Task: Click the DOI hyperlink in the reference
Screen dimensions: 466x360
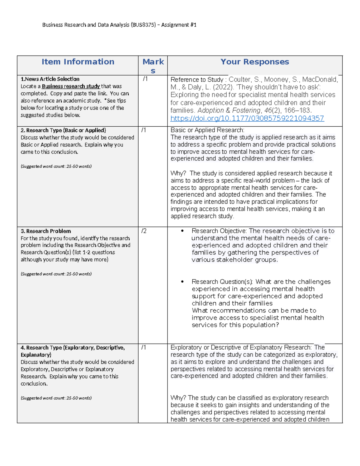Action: (247, 119)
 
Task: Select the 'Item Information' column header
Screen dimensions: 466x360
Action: (78, 62)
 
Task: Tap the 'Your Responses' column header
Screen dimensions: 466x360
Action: (255, 62)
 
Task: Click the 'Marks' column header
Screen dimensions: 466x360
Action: (153, 66)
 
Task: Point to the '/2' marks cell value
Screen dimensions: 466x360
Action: (144, 231)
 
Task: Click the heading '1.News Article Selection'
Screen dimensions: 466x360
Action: (50, 79)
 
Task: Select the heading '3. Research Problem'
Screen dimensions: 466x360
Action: (46, 231)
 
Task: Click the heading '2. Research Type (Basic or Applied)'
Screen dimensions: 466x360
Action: (63, 130)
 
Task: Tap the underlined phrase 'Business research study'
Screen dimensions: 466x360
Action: (70, 86)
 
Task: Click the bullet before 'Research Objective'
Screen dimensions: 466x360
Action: (182, 231)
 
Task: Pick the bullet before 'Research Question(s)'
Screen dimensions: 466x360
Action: (182, 282)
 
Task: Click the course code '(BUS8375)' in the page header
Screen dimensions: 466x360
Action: (143, 25)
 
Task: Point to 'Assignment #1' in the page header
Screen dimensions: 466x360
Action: (179, 25)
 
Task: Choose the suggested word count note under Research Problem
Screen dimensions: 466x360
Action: (56, 274)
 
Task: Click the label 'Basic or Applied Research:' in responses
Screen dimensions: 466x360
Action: (207, 130)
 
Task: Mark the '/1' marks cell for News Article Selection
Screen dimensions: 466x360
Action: (145, 79)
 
